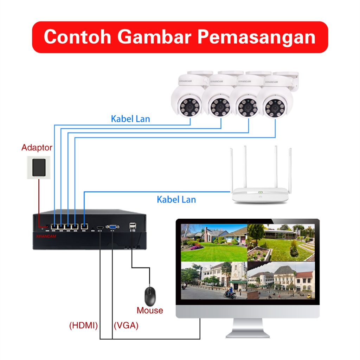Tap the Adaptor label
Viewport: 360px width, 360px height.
(x=37, y=147)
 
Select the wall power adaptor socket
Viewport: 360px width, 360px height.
(x=39, y=167)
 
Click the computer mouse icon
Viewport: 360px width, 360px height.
(x=150, y=296)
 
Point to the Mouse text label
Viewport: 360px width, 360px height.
(x=150, y=310)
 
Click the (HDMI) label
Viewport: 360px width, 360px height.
(x=84, y=326)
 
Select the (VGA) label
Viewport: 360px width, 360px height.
(x=126, y=326)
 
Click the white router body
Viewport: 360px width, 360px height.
(x=260, y=195)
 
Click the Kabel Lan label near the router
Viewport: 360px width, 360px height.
(x=176, y=200)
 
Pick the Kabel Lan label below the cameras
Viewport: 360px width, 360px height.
(x=130, y=119)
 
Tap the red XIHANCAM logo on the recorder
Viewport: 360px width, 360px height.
(x=46, y=237)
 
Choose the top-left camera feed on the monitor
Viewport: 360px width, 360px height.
(x=213, y=242)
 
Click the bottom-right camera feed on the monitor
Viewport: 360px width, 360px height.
(x=281, y=281)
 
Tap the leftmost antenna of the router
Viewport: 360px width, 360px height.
(x=232, y=169)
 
